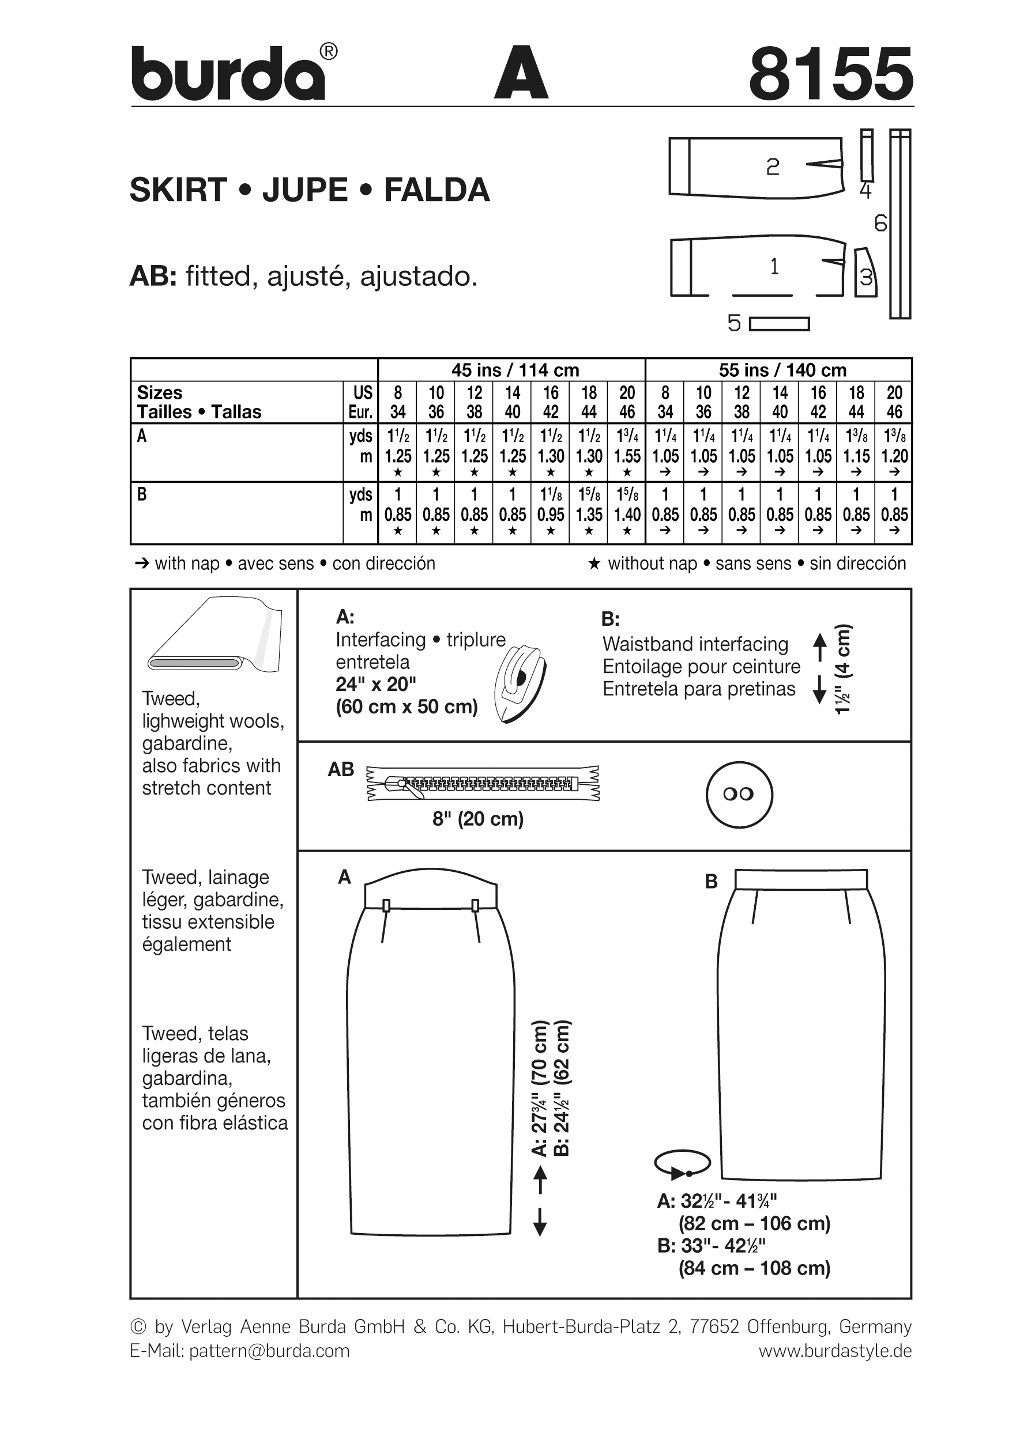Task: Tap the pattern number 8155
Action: coord(830,74)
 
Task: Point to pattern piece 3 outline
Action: coord(865,273)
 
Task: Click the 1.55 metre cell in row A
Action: coord(627,456)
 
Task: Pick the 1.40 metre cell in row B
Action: coord(627,515)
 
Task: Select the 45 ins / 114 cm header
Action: coord(514,370)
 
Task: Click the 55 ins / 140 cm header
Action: coord(782,370)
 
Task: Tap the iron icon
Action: coord(520,683)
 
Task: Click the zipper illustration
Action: coord(483,784)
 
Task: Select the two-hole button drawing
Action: coord(739,794)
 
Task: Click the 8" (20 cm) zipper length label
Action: coord(478,819)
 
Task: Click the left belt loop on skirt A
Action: coord(386,906)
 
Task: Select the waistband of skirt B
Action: coord(800,879)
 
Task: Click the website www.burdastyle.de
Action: coord(834,1351)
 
